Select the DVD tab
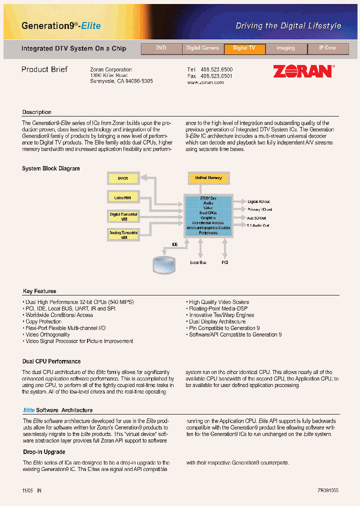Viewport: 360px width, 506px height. pyautogui.click(x=161, y=48)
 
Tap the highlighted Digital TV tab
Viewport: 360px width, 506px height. pyautogui.click(x=244, y=48)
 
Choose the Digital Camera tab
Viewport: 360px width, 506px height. pyautogui.click(x=202, y=48)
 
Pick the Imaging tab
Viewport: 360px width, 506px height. pyautogui.click(x=285, y=48)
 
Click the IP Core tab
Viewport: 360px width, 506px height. pyautogui.click(x=327, y=48)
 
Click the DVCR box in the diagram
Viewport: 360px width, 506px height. pyautogui.click(x=123, y=178)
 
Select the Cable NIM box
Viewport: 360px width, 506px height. pyautogui.click(x=123, y=197)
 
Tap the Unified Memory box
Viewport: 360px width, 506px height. pyautogui.click(x=208, y=178)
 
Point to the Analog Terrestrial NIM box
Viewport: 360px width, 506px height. pyautogui.click(x=123, y=234)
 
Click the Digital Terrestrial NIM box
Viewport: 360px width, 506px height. pyautogui.click(x=123, y=216)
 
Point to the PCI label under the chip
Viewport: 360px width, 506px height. pyautogui.click(x=224, y=262)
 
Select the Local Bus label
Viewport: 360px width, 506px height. pyautogui.click(x=198, y=262)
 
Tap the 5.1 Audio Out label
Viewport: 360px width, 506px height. pyautogui.click(x=258, y=225)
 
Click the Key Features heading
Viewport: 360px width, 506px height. pyautogui.click(x=39, y=291)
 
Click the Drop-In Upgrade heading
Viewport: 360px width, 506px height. pyautogui.click(x=44, y=452)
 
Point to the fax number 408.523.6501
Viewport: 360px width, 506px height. pyautogui.click(x=216, y=76)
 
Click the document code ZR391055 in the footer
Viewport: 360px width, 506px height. pyautogui.click(x=327, y=491)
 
